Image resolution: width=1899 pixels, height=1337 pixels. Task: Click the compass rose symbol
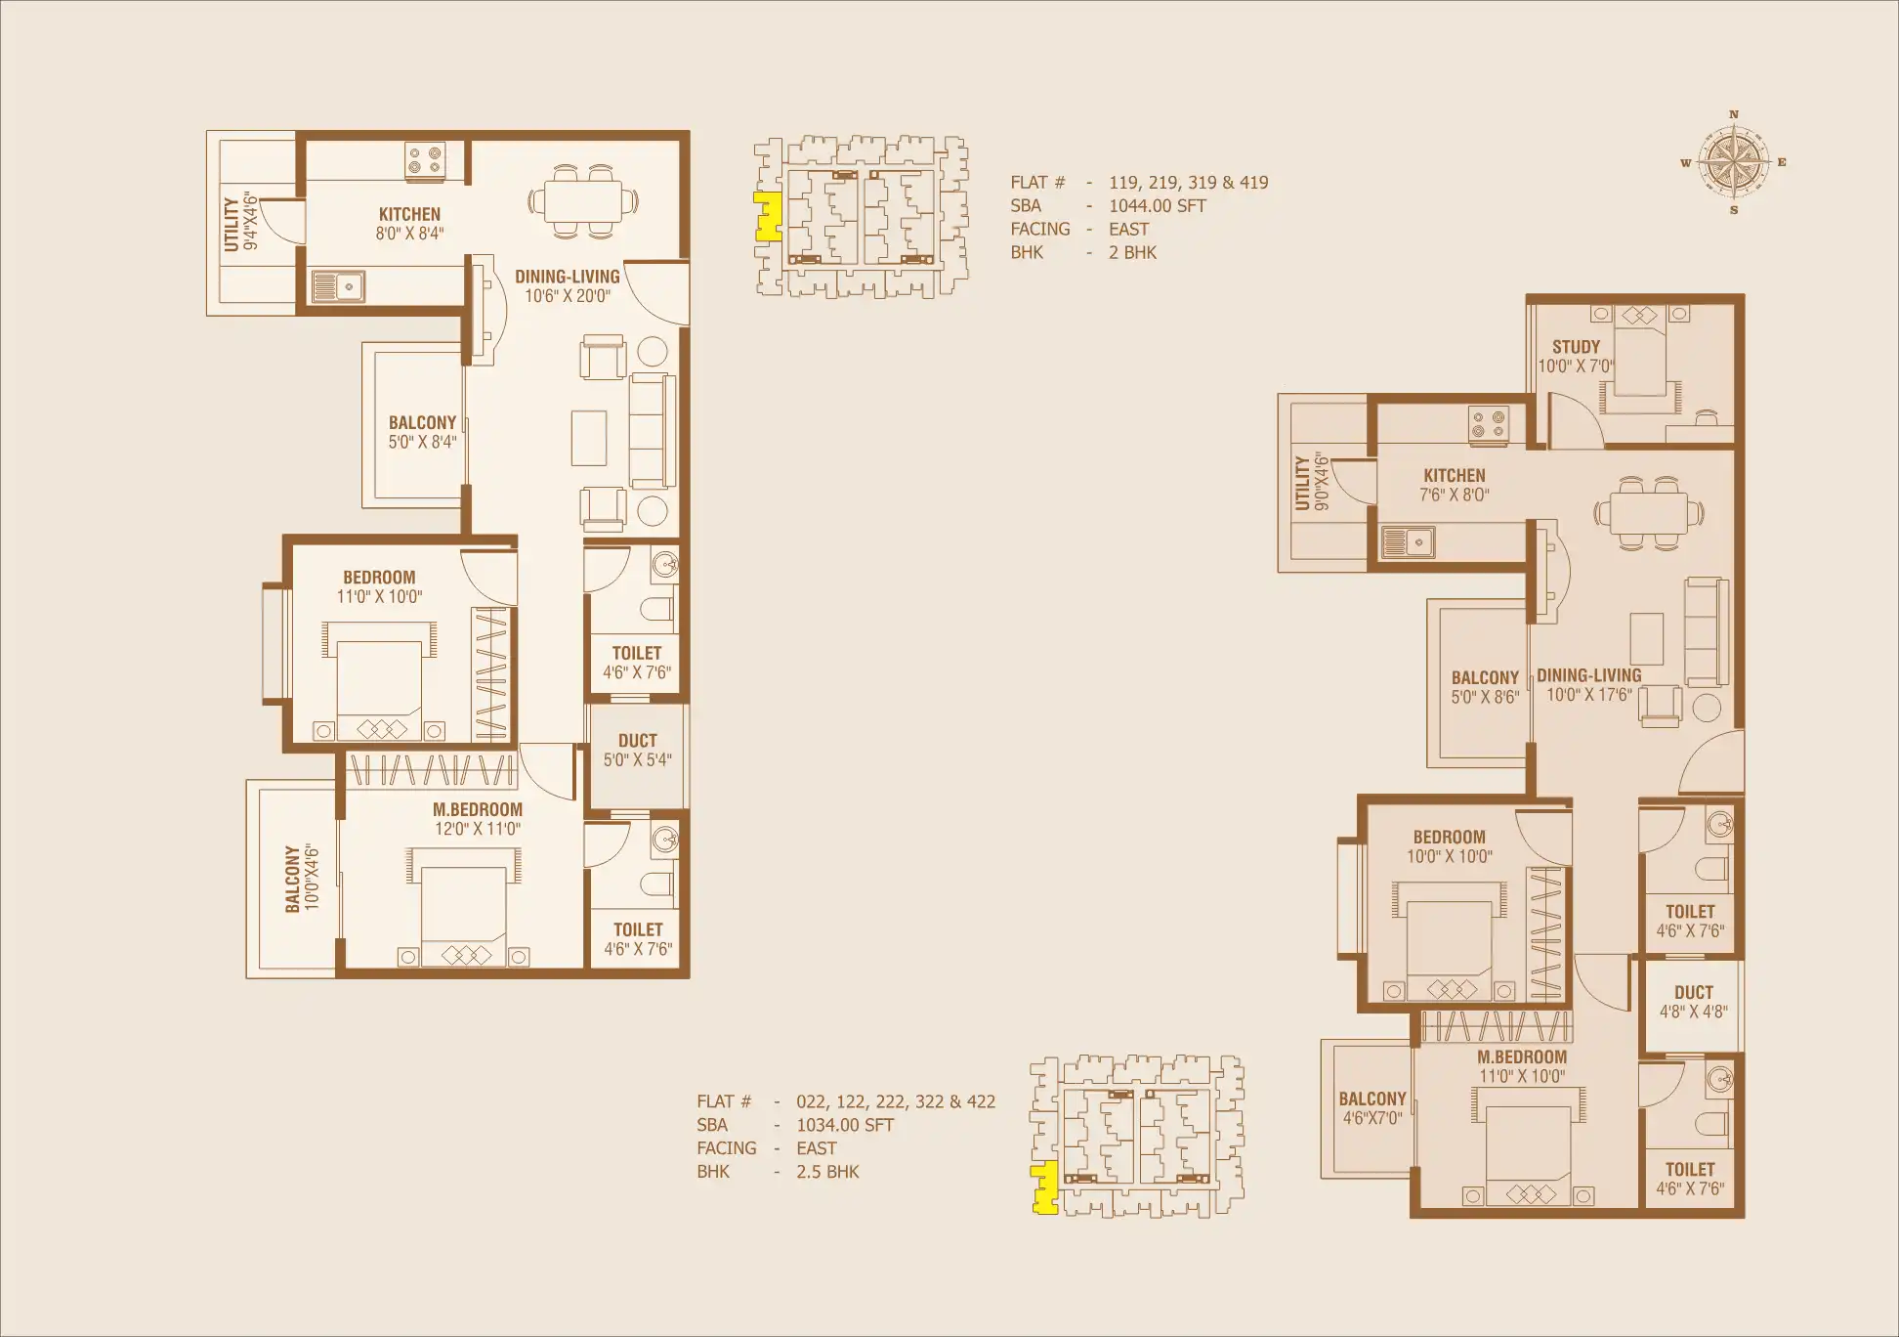(x=1734, y=162)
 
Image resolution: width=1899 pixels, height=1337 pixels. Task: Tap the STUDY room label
(x=1576, y=347)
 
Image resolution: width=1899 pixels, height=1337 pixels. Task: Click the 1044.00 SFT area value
(x=1158, y=206)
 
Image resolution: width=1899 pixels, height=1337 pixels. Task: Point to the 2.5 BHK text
(x=827, y=1172)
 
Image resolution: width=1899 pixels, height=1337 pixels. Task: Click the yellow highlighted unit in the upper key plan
(x=768, y=216)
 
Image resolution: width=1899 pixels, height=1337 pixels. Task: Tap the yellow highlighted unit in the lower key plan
(x=1045, y=1187)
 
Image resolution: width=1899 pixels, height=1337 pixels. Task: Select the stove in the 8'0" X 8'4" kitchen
(x=425, y=160)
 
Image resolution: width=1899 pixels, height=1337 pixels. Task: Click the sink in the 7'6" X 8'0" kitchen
(x=1408, y=541)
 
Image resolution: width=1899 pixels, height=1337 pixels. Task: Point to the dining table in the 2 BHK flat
(x=583, y=201)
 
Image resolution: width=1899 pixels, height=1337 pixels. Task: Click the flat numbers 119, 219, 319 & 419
(x=1189, y=183)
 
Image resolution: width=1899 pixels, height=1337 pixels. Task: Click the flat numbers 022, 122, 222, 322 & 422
(x=896, y=1102)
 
